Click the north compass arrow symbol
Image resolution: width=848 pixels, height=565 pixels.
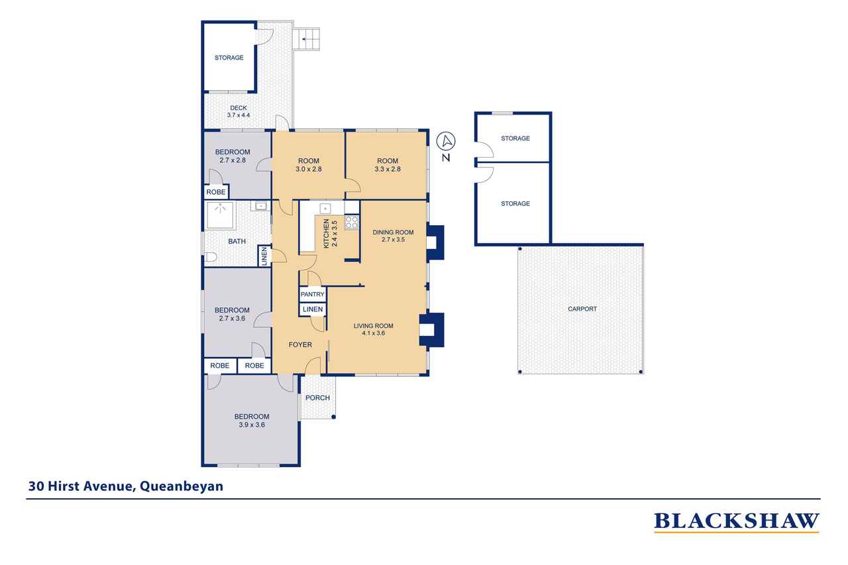pos(446,142)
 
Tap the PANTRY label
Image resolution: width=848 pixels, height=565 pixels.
pos(312,294)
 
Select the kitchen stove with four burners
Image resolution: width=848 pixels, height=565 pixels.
pos(351,222)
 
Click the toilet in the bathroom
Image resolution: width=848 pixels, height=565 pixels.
pos(210,258)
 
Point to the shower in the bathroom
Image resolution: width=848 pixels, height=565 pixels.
pos(221,215)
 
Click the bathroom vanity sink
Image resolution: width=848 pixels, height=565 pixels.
pos(260,206)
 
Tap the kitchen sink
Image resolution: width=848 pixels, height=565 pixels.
pos(325,208)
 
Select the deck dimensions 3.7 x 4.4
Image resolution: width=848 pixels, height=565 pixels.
pos(238,115)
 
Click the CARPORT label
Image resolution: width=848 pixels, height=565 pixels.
pos(582,309)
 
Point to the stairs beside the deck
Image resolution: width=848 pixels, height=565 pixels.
pos(306,39)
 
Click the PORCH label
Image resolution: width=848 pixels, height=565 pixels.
pos(317,397)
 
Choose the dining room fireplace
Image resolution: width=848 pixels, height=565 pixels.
pos(435,242)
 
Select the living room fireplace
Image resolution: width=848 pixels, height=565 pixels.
pos(431,330)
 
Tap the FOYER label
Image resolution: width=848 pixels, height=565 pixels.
pos(300,344)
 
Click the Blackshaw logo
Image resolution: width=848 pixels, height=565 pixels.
pos(737,522)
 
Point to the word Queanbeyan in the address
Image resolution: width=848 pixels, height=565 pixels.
pos(182,486)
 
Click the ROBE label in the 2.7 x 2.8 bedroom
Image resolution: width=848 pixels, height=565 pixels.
pos(216,192)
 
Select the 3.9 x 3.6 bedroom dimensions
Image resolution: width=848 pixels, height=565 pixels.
pos(252,425)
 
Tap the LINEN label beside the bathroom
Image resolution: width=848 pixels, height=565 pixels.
pos(264,256)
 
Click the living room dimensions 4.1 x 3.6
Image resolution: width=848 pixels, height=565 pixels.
pos(373,333)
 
